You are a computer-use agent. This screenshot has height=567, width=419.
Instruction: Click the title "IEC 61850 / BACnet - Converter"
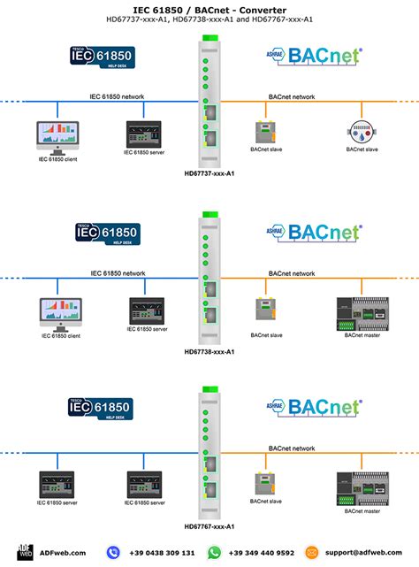pyautogui.click(x=209, y=7)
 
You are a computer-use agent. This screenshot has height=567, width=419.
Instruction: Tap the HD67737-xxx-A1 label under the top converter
pyautogui.click(x=209, y=174)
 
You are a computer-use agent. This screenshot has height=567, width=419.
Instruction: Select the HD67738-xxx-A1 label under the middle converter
pyautogui.click(x=209, y=351)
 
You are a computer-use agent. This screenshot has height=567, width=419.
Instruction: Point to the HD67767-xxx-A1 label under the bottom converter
pyautogui.click(x=209, y=526)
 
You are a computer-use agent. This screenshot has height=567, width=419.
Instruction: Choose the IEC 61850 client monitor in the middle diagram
pyautogui.click(x=57, y=310)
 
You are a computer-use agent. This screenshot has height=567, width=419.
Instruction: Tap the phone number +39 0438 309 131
pyautogui.click(x=163, y=552)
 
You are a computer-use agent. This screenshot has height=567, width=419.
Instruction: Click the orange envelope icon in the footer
pyautogui.click(x=311, y=552)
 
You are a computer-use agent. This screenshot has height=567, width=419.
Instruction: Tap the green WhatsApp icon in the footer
pyautogui.click(x=214, y=552)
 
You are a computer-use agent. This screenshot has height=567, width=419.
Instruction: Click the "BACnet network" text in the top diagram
pyautogui.click(x=291, y=96)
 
